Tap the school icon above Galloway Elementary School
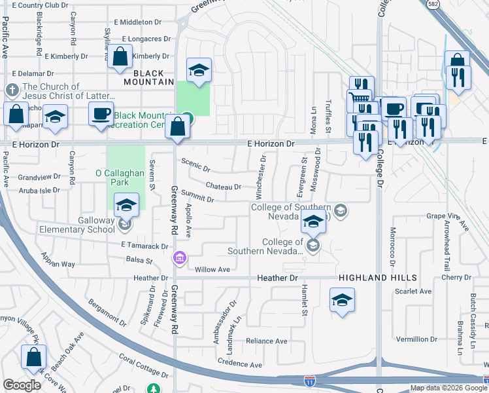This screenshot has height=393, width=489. (126, 206)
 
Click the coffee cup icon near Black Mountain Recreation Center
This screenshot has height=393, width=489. (101, 113)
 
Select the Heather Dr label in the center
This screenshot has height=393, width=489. (279, 278)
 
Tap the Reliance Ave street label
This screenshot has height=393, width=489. (266, 341)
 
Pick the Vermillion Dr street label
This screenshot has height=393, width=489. (416, 339)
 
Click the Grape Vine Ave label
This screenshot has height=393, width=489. (448, 219)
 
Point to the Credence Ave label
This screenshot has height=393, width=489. (240, 364)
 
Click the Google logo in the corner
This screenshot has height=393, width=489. (22, 385)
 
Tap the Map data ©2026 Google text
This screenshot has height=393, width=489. (448, 388)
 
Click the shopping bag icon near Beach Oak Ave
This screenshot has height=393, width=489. (33, 358)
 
